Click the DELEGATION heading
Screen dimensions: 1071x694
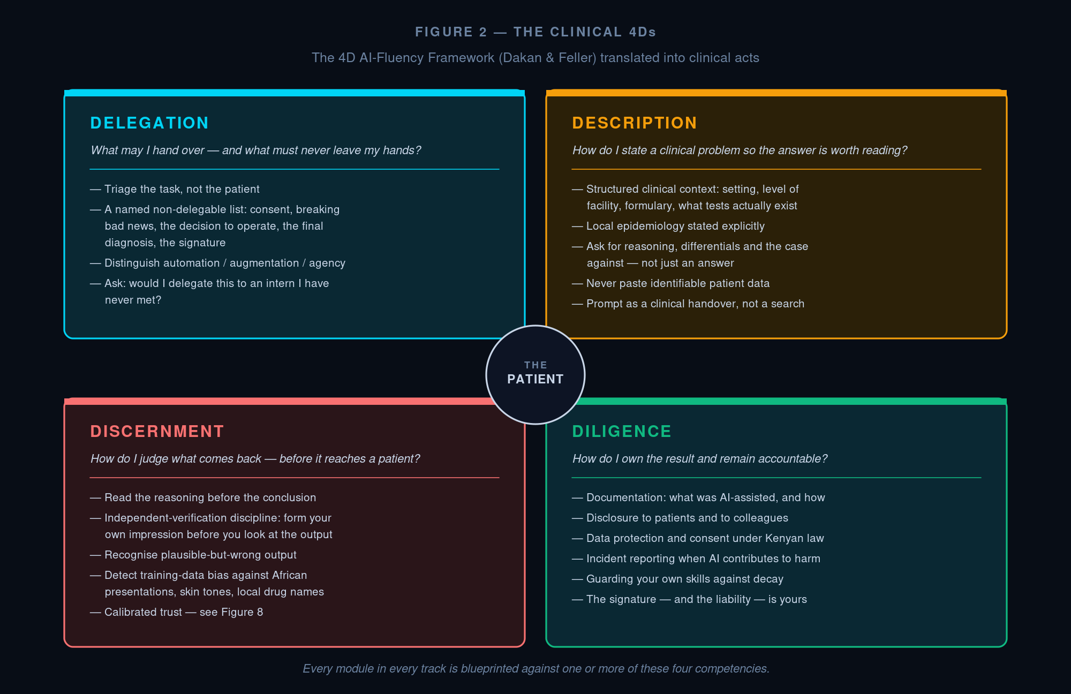[149, 123]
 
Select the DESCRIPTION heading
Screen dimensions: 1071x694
[635, 123]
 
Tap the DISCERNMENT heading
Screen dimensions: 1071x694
[157, 432]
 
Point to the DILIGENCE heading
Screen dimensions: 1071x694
[622, 432]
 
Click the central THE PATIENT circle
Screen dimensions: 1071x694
[535, 375]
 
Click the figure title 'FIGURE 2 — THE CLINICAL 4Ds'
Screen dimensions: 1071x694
[535, 32]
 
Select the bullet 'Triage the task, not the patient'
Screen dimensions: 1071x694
[175, 189]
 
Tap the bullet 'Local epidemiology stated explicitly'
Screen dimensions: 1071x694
[668, 226]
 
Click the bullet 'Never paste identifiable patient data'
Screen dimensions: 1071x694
[670, 283]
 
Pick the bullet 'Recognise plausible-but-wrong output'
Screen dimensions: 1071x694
[193, 555]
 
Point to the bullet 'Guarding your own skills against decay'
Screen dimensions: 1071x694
[677, 579]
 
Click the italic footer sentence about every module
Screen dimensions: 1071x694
[536, 669]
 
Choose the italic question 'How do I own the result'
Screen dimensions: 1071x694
[700, 459]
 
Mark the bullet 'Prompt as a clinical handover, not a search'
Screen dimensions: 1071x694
[688, 304]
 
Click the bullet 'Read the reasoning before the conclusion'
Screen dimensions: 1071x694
[203, 497]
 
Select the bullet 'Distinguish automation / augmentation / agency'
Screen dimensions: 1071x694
[217, 263]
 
